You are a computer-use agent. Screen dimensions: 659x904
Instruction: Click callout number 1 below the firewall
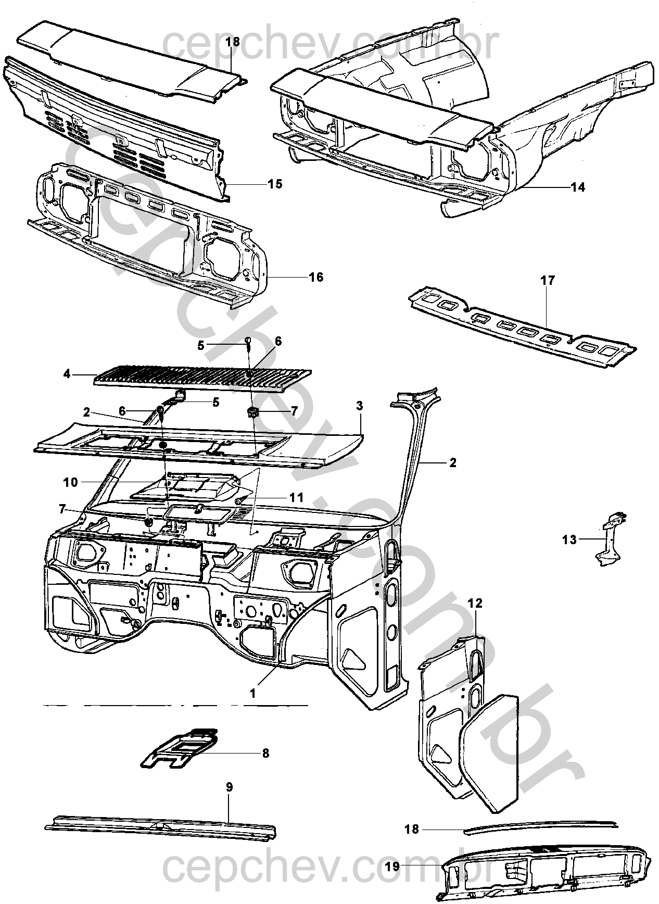[252, 693]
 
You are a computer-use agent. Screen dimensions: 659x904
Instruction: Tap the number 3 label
[359, 405]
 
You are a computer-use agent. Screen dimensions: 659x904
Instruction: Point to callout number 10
[70, 482]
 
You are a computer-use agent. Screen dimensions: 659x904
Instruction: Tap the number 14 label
[578, 187]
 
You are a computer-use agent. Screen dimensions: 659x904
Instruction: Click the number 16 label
[316, 277]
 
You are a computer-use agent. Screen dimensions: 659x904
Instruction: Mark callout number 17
[548, 281]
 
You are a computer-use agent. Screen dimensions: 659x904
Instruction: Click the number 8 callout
[265, 753]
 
